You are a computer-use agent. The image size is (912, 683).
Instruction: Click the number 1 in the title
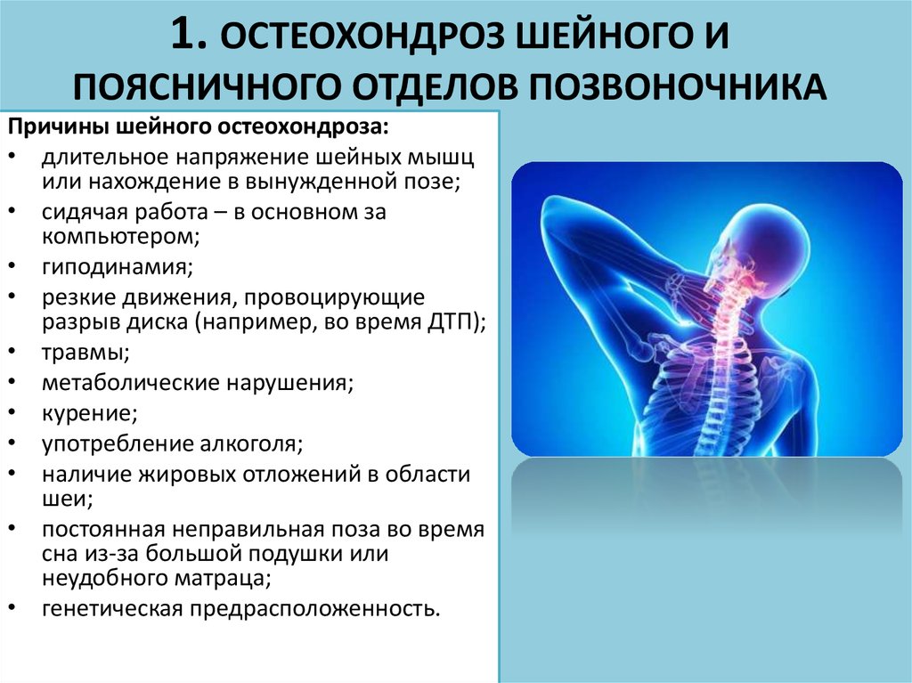[189, 35]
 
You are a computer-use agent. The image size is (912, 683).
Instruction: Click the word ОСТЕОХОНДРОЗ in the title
[362, 37]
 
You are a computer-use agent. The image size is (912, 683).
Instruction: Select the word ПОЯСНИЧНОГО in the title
[206, 86]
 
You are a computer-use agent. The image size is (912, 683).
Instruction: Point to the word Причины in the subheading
[58, 127]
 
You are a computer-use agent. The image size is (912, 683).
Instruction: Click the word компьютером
[118, 237]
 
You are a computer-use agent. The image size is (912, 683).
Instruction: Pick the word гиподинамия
[117, 267]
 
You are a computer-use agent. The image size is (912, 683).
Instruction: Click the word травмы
[85, 353]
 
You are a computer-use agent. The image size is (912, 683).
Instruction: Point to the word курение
[89, 414]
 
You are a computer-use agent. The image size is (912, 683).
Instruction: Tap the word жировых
[186, 475]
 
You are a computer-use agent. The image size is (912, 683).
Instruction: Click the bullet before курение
[12, 412]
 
